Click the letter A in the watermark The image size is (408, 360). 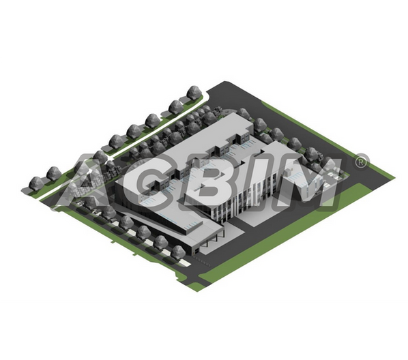tap(78, 182)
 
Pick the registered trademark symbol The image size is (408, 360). tap(361, 162)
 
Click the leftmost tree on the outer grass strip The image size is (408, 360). tap(36, 183)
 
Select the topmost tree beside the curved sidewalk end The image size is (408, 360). tap(194, 92)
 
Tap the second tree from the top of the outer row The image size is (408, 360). tap(176, 107)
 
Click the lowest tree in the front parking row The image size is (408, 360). tap(179, 252)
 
